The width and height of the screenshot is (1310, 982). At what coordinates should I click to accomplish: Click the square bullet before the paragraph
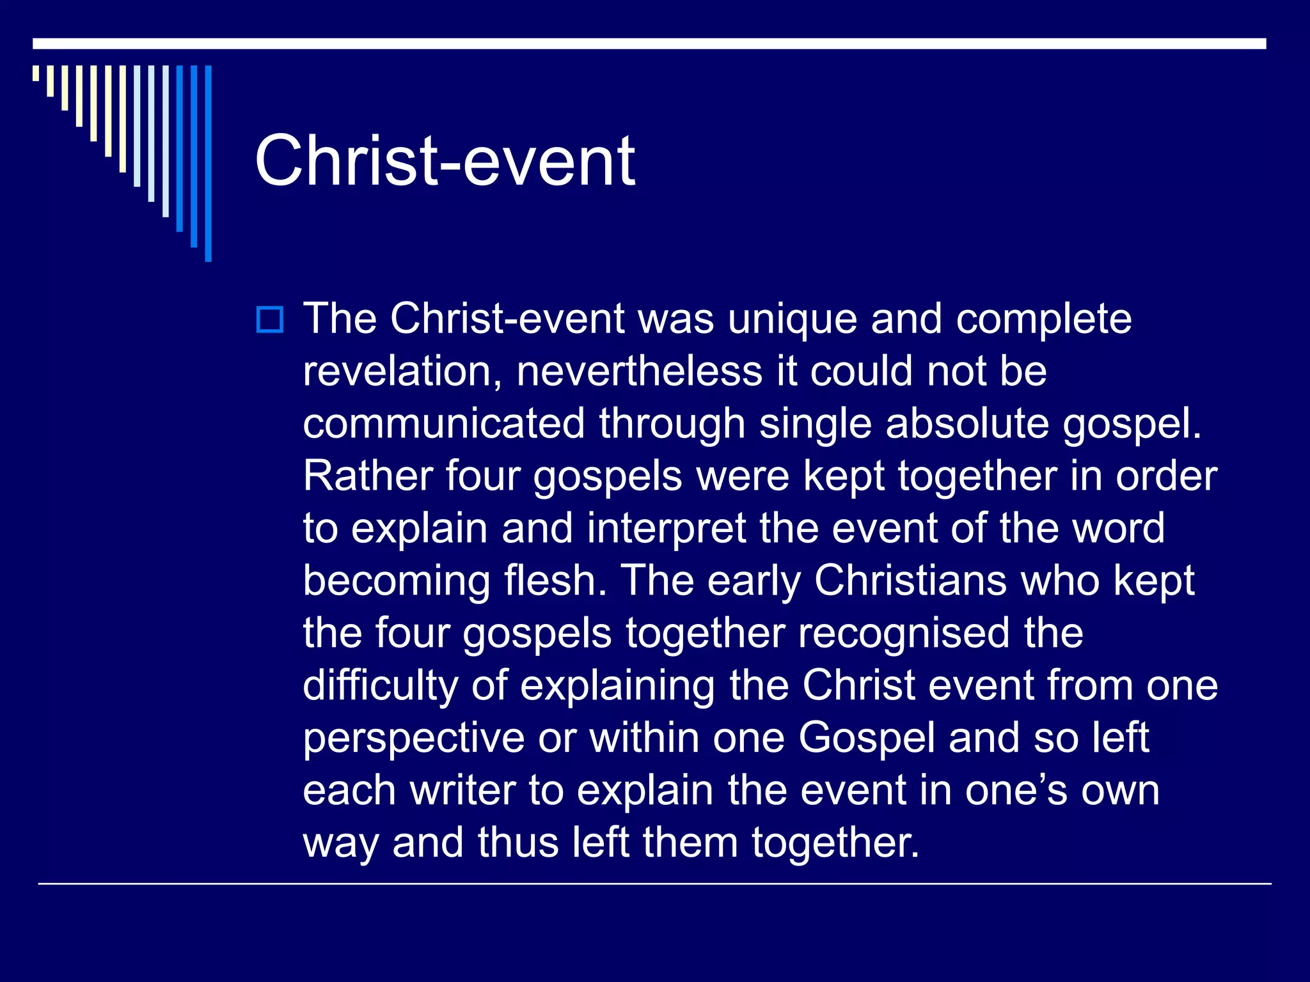pos(269,320)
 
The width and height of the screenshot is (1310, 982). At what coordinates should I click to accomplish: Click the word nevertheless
pos(639,371)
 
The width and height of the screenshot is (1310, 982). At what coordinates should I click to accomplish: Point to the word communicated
pos(444,424)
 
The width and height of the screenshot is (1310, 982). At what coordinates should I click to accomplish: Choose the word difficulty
pos(380,686)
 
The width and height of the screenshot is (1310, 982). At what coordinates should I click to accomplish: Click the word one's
pos(1016,791)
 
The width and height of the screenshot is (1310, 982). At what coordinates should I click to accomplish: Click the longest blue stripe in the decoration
pos(208,163)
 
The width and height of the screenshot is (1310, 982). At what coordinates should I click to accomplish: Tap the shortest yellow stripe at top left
pos(36,73)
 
